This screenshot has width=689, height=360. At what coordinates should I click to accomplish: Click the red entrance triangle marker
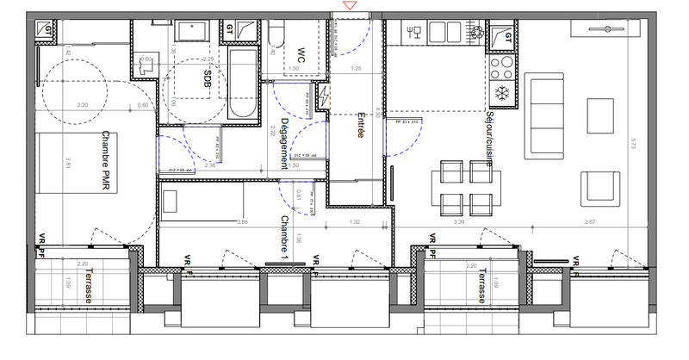[349, 6]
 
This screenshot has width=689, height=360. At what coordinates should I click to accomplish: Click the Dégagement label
[284, 143]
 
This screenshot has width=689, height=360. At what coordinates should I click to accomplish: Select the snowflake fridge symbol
[500, 91]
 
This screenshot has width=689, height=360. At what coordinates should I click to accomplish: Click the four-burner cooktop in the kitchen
[500, 65]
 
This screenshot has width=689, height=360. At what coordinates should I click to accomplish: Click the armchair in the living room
[599, 187]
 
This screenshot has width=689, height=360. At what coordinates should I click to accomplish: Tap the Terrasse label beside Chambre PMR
[88, 285]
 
